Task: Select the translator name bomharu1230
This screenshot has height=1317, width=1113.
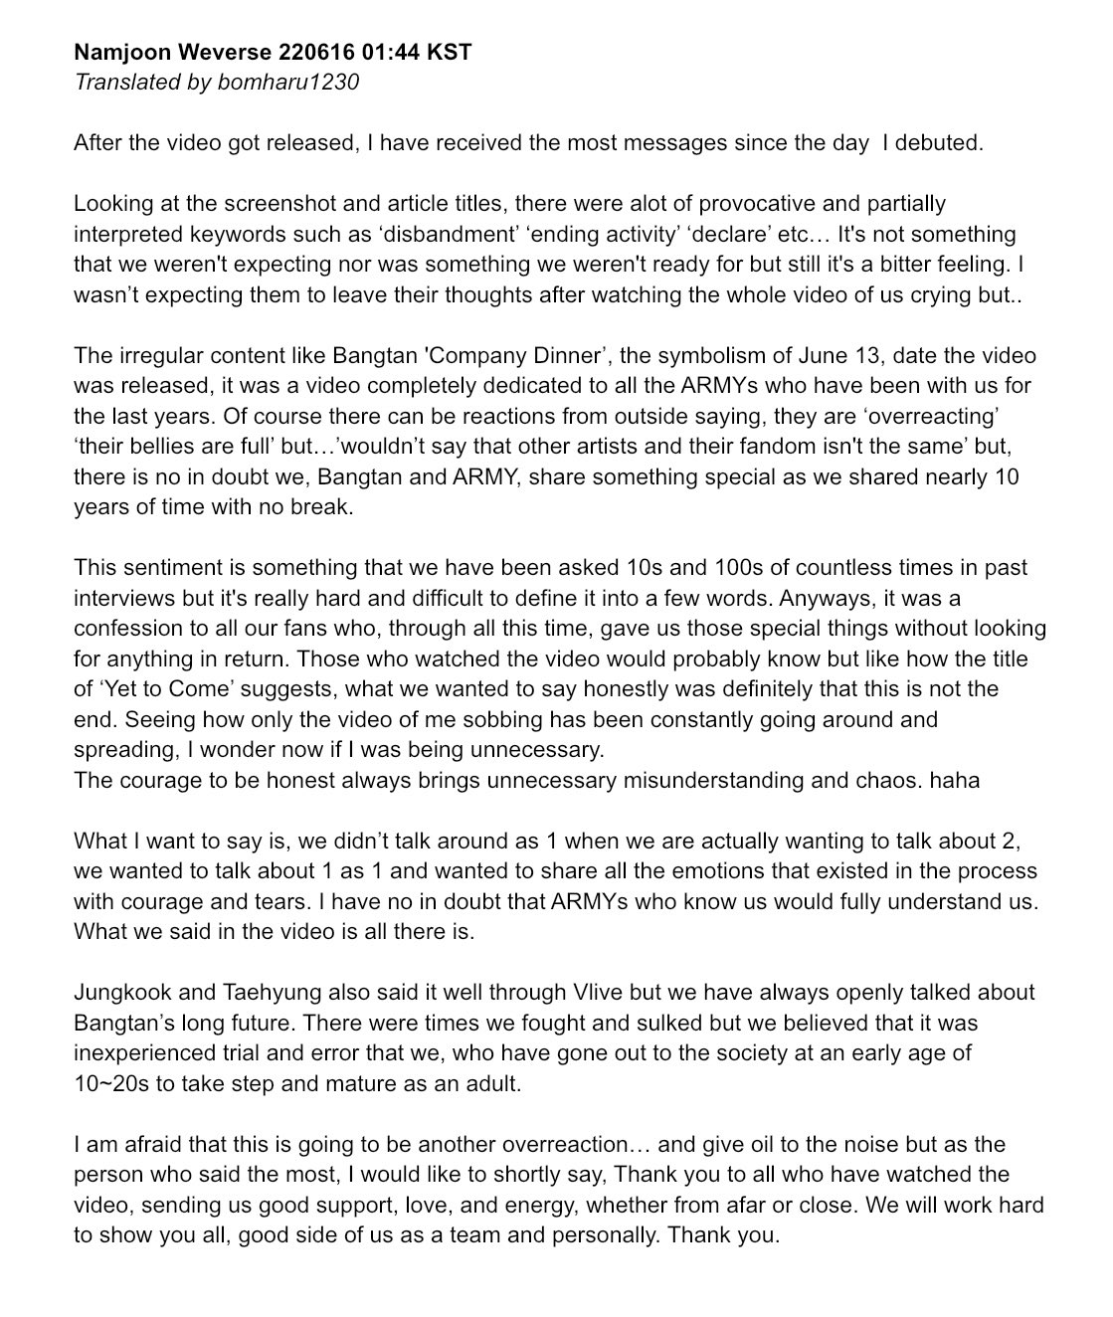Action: pyautogui.click(x=288, y=82)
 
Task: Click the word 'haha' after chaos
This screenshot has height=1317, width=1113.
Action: pyautogui.click(x=955, y=780)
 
